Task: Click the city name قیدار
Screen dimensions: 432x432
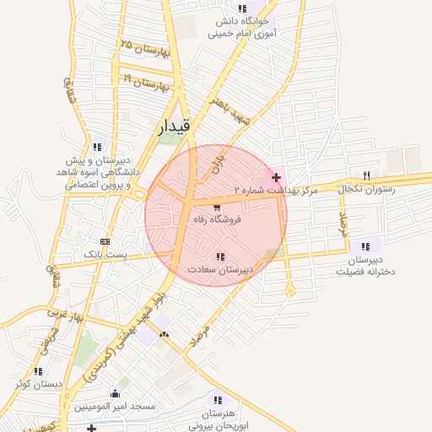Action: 175,127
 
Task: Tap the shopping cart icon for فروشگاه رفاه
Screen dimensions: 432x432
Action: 218,207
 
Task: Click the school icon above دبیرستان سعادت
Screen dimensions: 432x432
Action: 220,256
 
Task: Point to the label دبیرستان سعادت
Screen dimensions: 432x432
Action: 219,270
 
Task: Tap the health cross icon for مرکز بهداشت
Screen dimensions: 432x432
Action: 277,177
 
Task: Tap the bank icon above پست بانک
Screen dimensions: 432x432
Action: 104,240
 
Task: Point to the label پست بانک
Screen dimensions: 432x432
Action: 104,253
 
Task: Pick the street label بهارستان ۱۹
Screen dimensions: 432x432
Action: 147,83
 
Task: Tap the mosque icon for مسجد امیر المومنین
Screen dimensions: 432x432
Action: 116,393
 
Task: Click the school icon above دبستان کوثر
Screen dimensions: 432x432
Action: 37,371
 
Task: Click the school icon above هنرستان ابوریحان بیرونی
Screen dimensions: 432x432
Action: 217,400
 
